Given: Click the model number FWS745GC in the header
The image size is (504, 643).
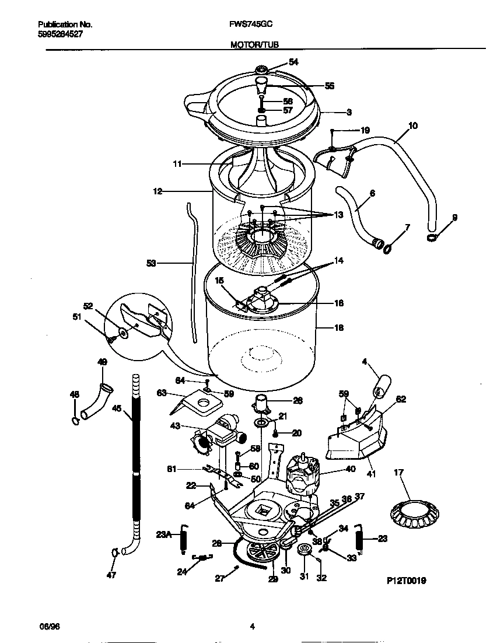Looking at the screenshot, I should (252, 25).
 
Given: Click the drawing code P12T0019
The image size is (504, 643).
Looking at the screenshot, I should (407, 581).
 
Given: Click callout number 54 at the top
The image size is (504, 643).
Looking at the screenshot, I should (293, 62).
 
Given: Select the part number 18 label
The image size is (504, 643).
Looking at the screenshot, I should (338, 328).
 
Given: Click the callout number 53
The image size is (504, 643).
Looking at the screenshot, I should (151, 264).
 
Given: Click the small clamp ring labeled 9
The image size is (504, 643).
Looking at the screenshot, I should (432, 237).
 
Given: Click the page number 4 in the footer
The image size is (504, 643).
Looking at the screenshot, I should (252, 627).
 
